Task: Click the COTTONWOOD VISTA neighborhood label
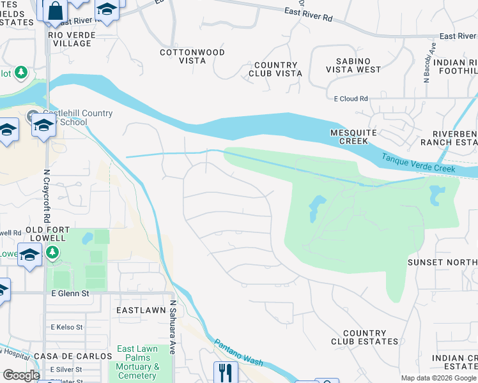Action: (x=183, y=56)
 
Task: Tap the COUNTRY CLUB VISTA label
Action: (x=276, y=70)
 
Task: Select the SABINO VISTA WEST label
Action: (x=353, y=64)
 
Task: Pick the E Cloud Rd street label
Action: (x=351, y=99)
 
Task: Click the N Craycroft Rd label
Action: (x=47, y=191)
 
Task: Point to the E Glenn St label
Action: (x=70, y=293)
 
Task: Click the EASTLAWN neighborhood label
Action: (x=141, y=310)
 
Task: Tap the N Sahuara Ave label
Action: (x=172, y=327)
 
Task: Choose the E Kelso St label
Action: (x=66, y=327)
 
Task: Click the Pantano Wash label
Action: (x=238, y=352)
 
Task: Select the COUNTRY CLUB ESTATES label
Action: (x=364, y=338)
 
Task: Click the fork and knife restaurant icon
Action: (x=226, y=372)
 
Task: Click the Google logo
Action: (x=21, y=375)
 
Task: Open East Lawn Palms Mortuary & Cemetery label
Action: (x=138, y=362)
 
